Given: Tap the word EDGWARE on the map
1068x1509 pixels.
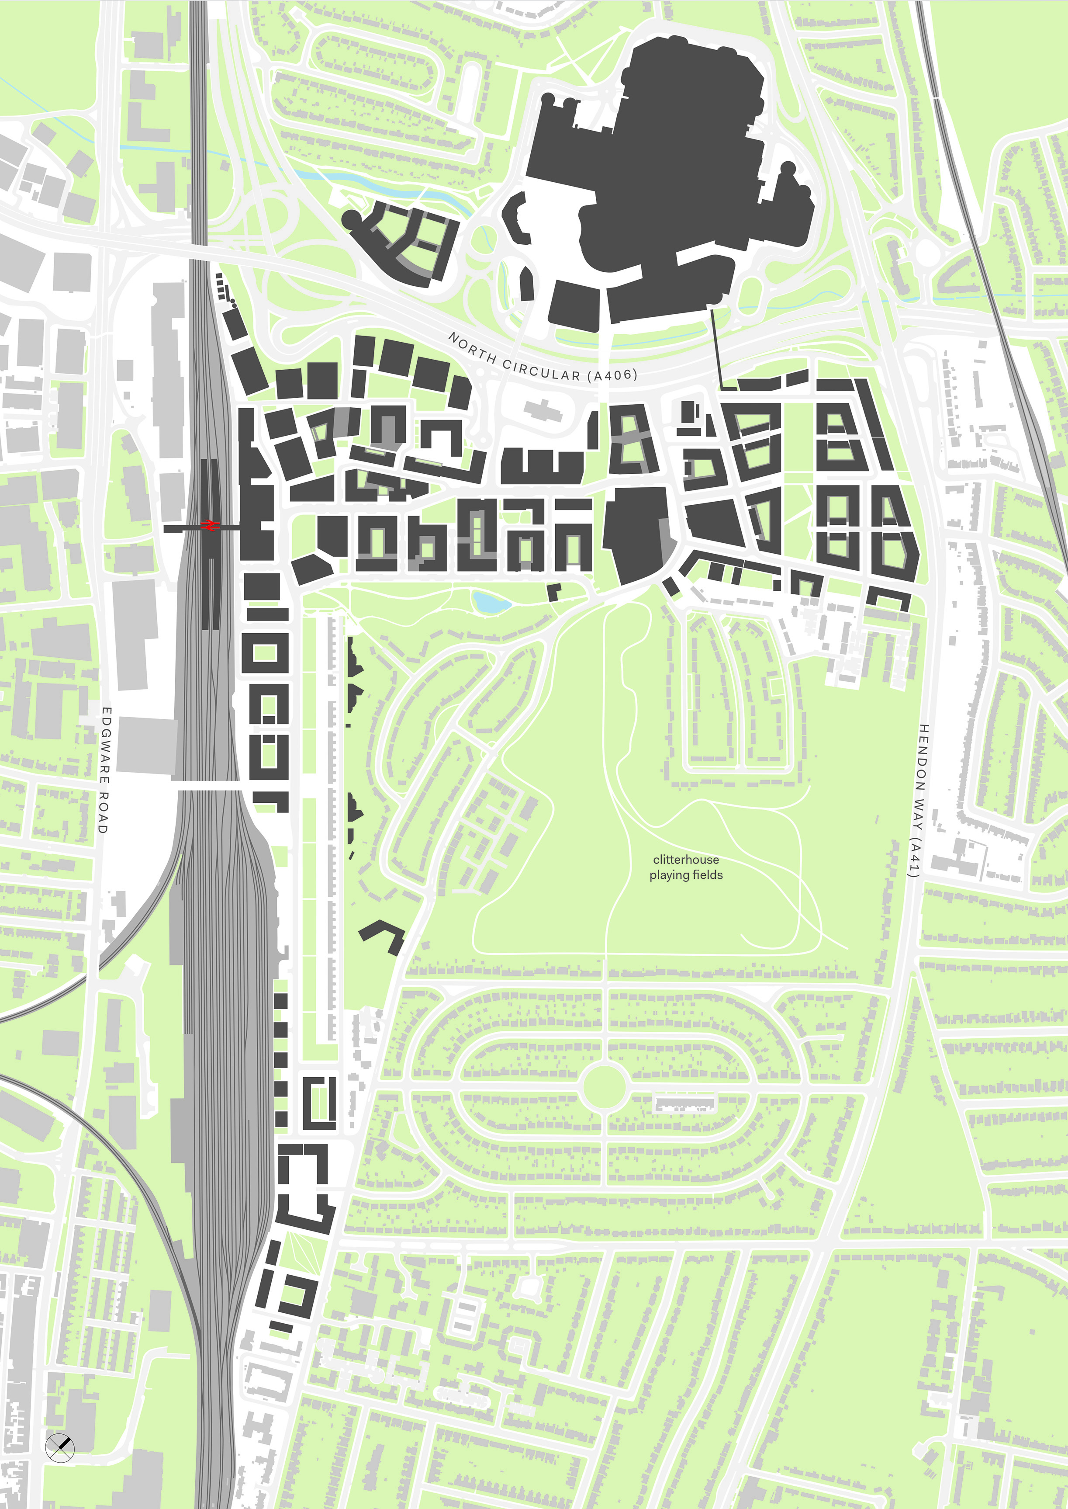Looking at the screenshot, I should pyautogui.click(x=106, y=744).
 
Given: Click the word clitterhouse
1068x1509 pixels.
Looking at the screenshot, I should pyautogui.click(x=686, y=860).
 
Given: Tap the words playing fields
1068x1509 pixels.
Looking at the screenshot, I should pyautogui.click(x=686, y=875).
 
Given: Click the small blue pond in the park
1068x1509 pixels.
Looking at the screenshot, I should pyautogui.click(x=491, y=602).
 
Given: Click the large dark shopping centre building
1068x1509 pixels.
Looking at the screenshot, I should pyautogui.click(x=684, y=171).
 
